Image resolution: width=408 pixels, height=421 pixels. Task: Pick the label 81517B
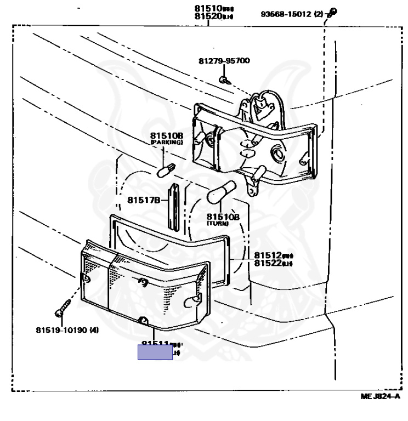tap(144, 200)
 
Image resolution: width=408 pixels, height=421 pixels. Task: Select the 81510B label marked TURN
tap(223, 217)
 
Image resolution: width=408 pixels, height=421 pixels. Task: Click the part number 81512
tap(268, 255)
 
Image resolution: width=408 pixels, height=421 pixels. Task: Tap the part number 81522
tap(268, 263)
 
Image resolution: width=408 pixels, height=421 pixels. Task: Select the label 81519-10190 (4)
tap(68, 330)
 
